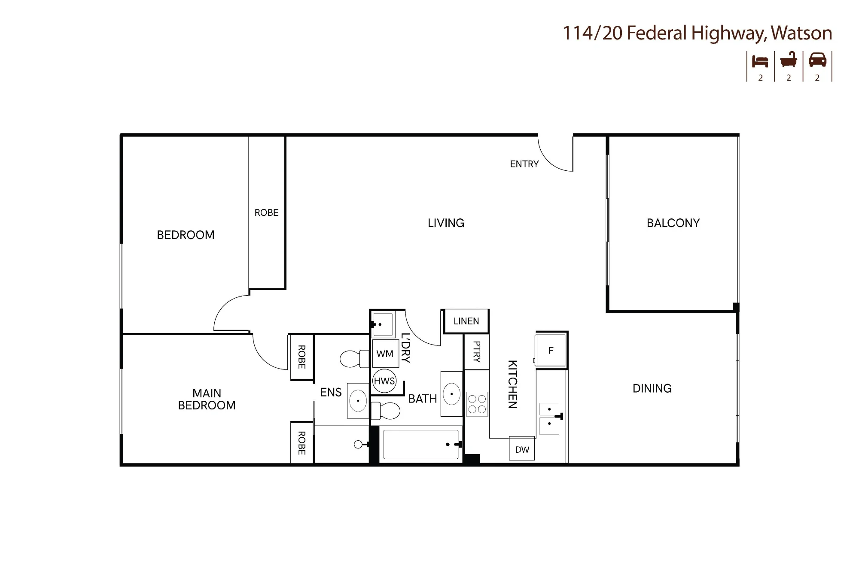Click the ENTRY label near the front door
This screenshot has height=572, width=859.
point(524,164)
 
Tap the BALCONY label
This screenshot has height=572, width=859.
point(673,223)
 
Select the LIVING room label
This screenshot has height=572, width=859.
point(446,223)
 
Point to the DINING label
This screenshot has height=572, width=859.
point(652,388)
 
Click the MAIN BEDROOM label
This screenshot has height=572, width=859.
point(207,399)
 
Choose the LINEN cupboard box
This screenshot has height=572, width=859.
point(466,321)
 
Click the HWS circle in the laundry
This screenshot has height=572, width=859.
point(384,381)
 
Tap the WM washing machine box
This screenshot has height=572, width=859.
point(385,354)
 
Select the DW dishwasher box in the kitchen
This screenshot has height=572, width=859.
point(522,449)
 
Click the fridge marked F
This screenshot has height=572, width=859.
point(551,351)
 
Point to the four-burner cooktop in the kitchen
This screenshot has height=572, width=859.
point(477,404)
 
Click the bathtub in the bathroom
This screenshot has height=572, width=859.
point(421,445)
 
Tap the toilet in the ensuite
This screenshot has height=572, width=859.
point(355,359)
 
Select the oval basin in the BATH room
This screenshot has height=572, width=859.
point(451,394)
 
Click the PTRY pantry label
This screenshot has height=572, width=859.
point(476,352)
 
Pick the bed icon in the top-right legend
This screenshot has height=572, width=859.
point(760,62)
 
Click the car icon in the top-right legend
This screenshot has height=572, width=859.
point(817,60)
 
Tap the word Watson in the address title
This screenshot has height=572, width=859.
point(801,33)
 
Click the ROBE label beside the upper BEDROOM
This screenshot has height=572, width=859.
point(266,212)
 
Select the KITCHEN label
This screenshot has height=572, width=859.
point(512,384)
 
